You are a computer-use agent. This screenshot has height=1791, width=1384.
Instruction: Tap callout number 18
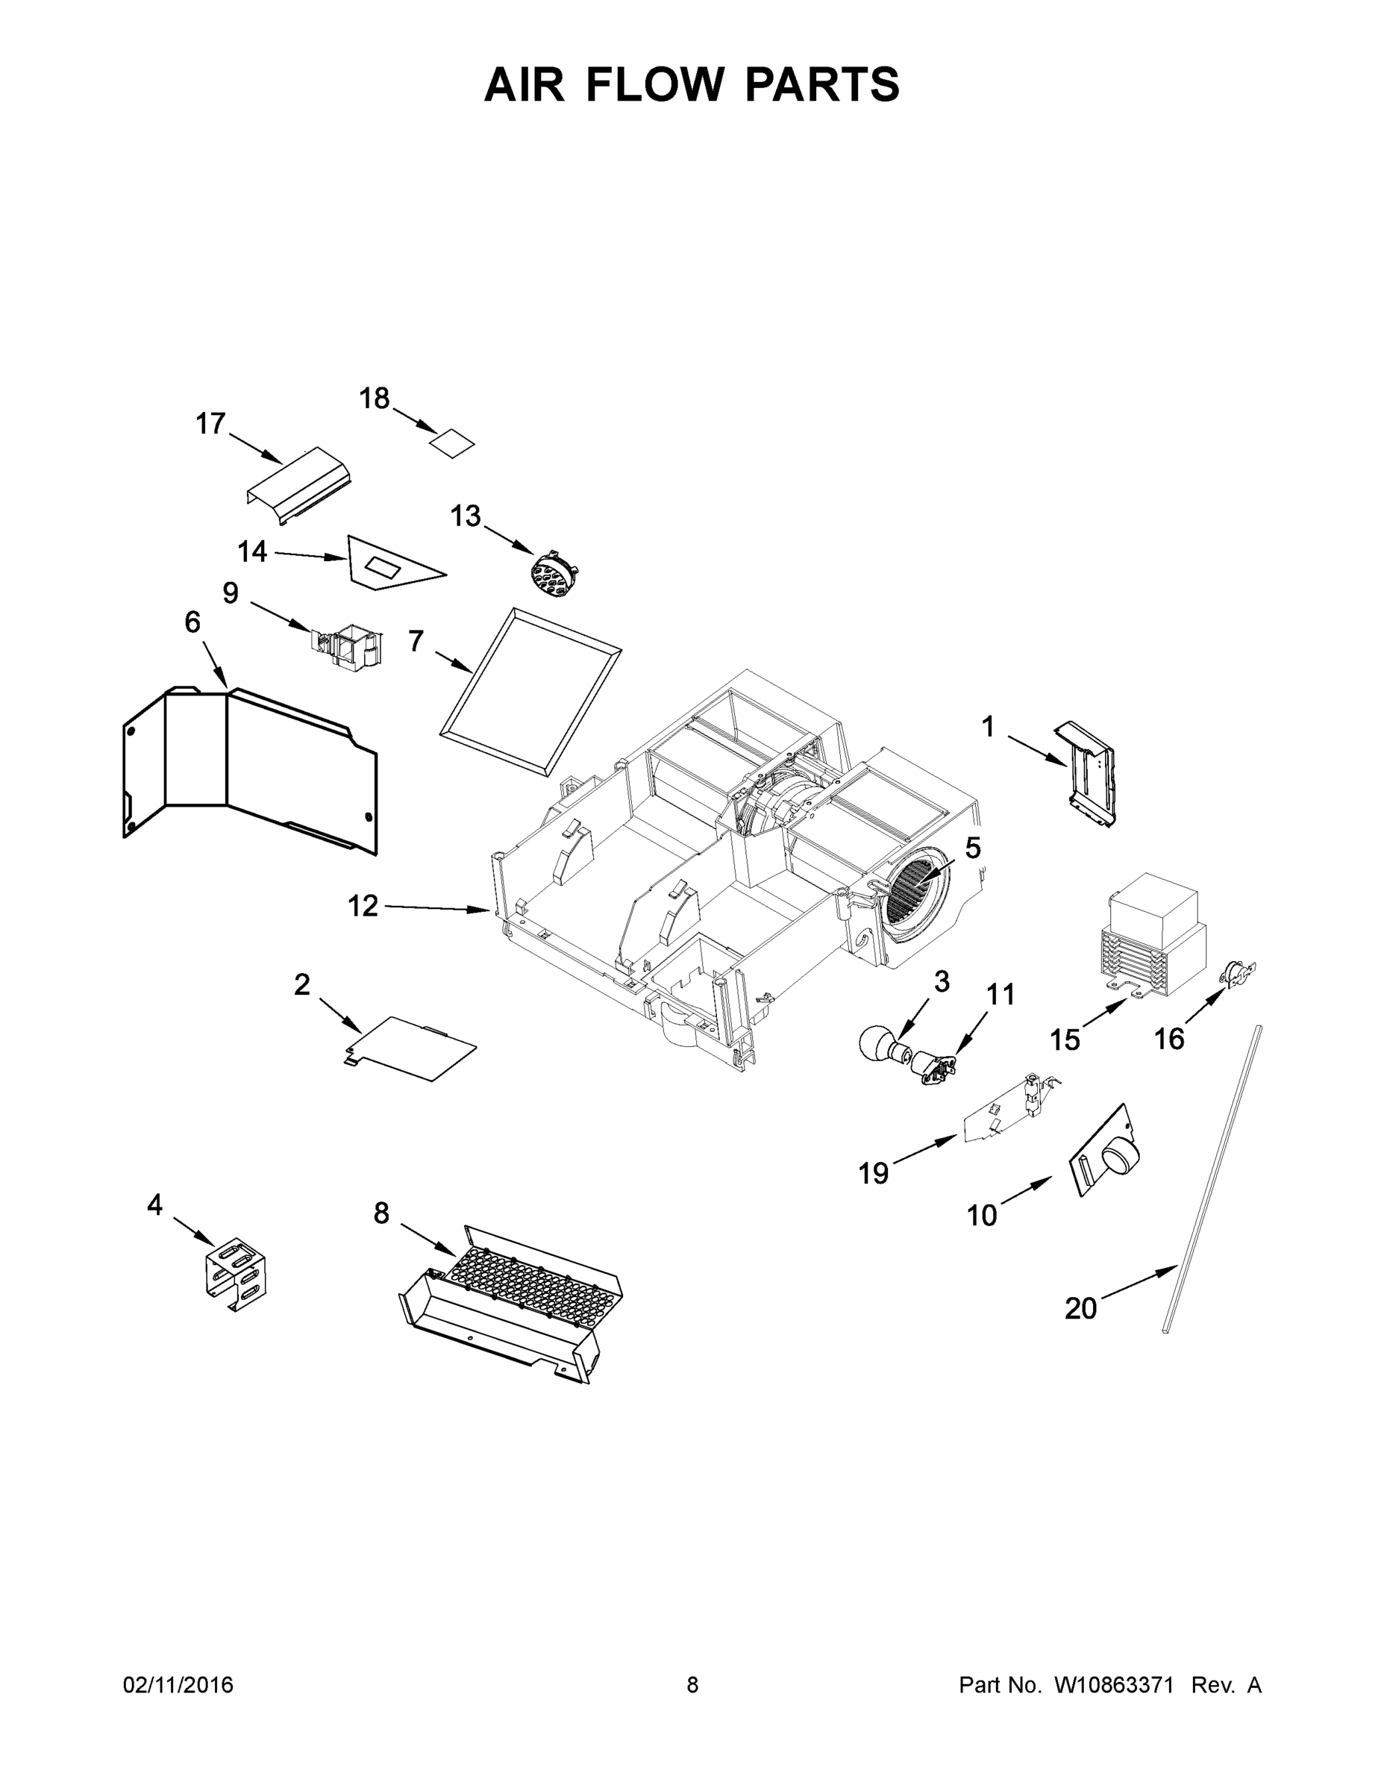pos(374,398)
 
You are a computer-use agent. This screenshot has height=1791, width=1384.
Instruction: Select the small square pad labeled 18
pos(453,444)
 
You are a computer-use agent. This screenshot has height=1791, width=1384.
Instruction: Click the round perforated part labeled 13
pos(554,573)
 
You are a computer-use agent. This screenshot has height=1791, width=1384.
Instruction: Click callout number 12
pos(363,906)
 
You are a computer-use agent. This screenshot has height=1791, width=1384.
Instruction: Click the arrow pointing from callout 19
pos(925,1148)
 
